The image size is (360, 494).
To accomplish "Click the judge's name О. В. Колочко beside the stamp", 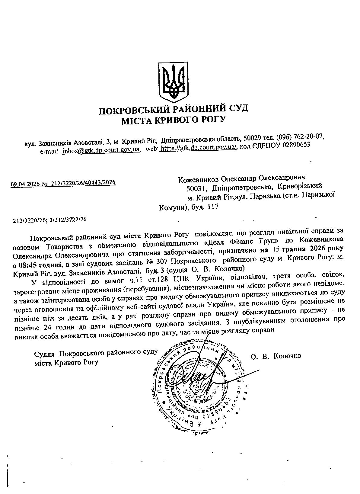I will (276, 356).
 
